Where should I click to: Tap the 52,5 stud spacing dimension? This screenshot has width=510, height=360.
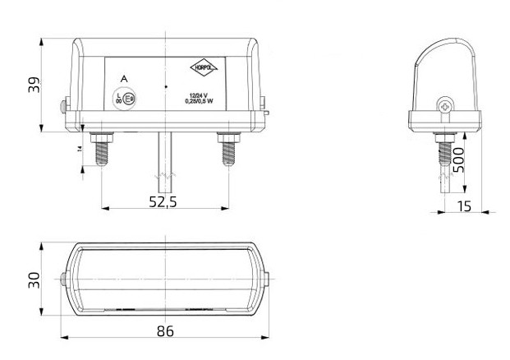[165, 203]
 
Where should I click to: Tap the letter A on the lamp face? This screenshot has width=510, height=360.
[123, 78]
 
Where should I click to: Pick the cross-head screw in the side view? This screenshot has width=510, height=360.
[445, 106]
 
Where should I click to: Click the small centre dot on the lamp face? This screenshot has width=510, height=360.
[165, 85]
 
